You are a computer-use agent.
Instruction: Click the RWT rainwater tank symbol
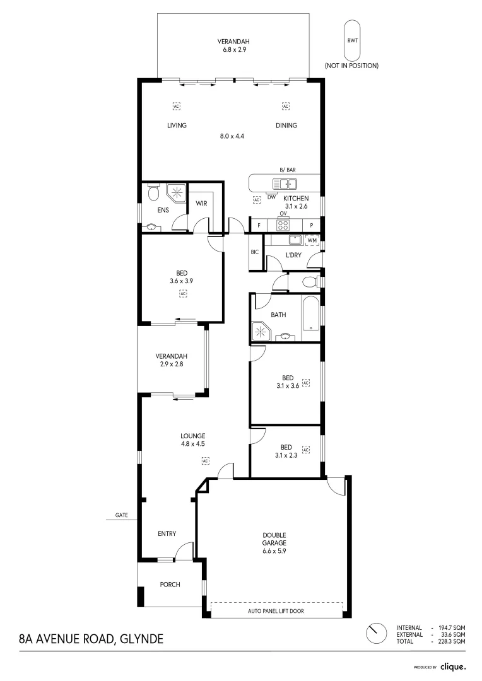tap(353, 40)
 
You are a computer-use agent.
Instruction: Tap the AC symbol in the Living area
tap(177, 106)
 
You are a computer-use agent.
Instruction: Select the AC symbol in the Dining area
tap(286, 106)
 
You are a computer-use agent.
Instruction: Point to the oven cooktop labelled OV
tap(283, 225)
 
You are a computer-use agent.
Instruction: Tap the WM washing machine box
tap(312, 240)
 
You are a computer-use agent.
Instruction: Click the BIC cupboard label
tap(255, 252)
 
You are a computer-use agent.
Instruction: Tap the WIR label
tap(201, 203)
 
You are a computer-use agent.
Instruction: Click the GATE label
tap(122, 515)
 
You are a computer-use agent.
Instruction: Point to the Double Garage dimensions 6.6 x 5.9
tap(274, 551)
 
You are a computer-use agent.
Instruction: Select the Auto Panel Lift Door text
tap(276, 610)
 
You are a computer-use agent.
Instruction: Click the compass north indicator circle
tap(376, 634)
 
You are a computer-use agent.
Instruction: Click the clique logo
tap(454, 666)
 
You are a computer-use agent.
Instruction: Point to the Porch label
tap(170, 585)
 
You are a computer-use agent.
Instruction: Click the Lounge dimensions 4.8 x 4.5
tap(193, 444)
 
